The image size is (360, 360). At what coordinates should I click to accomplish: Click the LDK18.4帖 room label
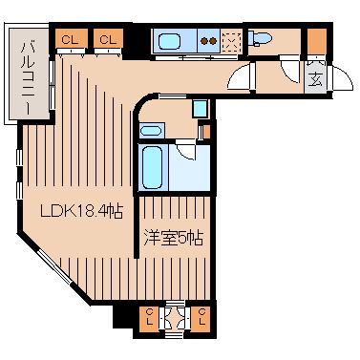pos(81,211)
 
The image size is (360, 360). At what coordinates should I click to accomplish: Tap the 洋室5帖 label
pos(174,238)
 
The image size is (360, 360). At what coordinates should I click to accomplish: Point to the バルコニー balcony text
pos(29,76)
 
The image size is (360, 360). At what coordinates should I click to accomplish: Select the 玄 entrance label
pos(315,78)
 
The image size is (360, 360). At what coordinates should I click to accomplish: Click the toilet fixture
pos(260,38)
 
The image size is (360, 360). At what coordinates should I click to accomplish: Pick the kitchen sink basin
pos(170,42)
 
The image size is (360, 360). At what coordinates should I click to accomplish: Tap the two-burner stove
pos(208,41)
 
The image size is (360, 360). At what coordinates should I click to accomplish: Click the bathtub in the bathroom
pos(153,168)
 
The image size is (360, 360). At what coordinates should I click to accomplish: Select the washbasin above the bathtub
pos(151,131)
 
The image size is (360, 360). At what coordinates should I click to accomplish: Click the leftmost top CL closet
pos(71,39)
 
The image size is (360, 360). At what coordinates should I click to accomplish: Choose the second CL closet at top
pos(108,39)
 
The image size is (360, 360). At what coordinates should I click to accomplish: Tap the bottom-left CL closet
pos(150,319)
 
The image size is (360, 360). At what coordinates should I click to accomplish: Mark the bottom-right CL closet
pos(201,319)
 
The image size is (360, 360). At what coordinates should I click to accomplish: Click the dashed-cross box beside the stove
pos(232,42)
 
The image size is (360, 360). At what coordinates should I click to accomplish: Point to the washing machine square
pos(201,108)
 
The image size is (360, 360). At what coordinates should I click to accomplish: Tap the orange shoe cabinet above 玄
pos(317,41)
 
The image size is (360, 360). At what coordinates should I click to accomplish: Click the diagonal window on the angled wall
pos(54,267)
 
